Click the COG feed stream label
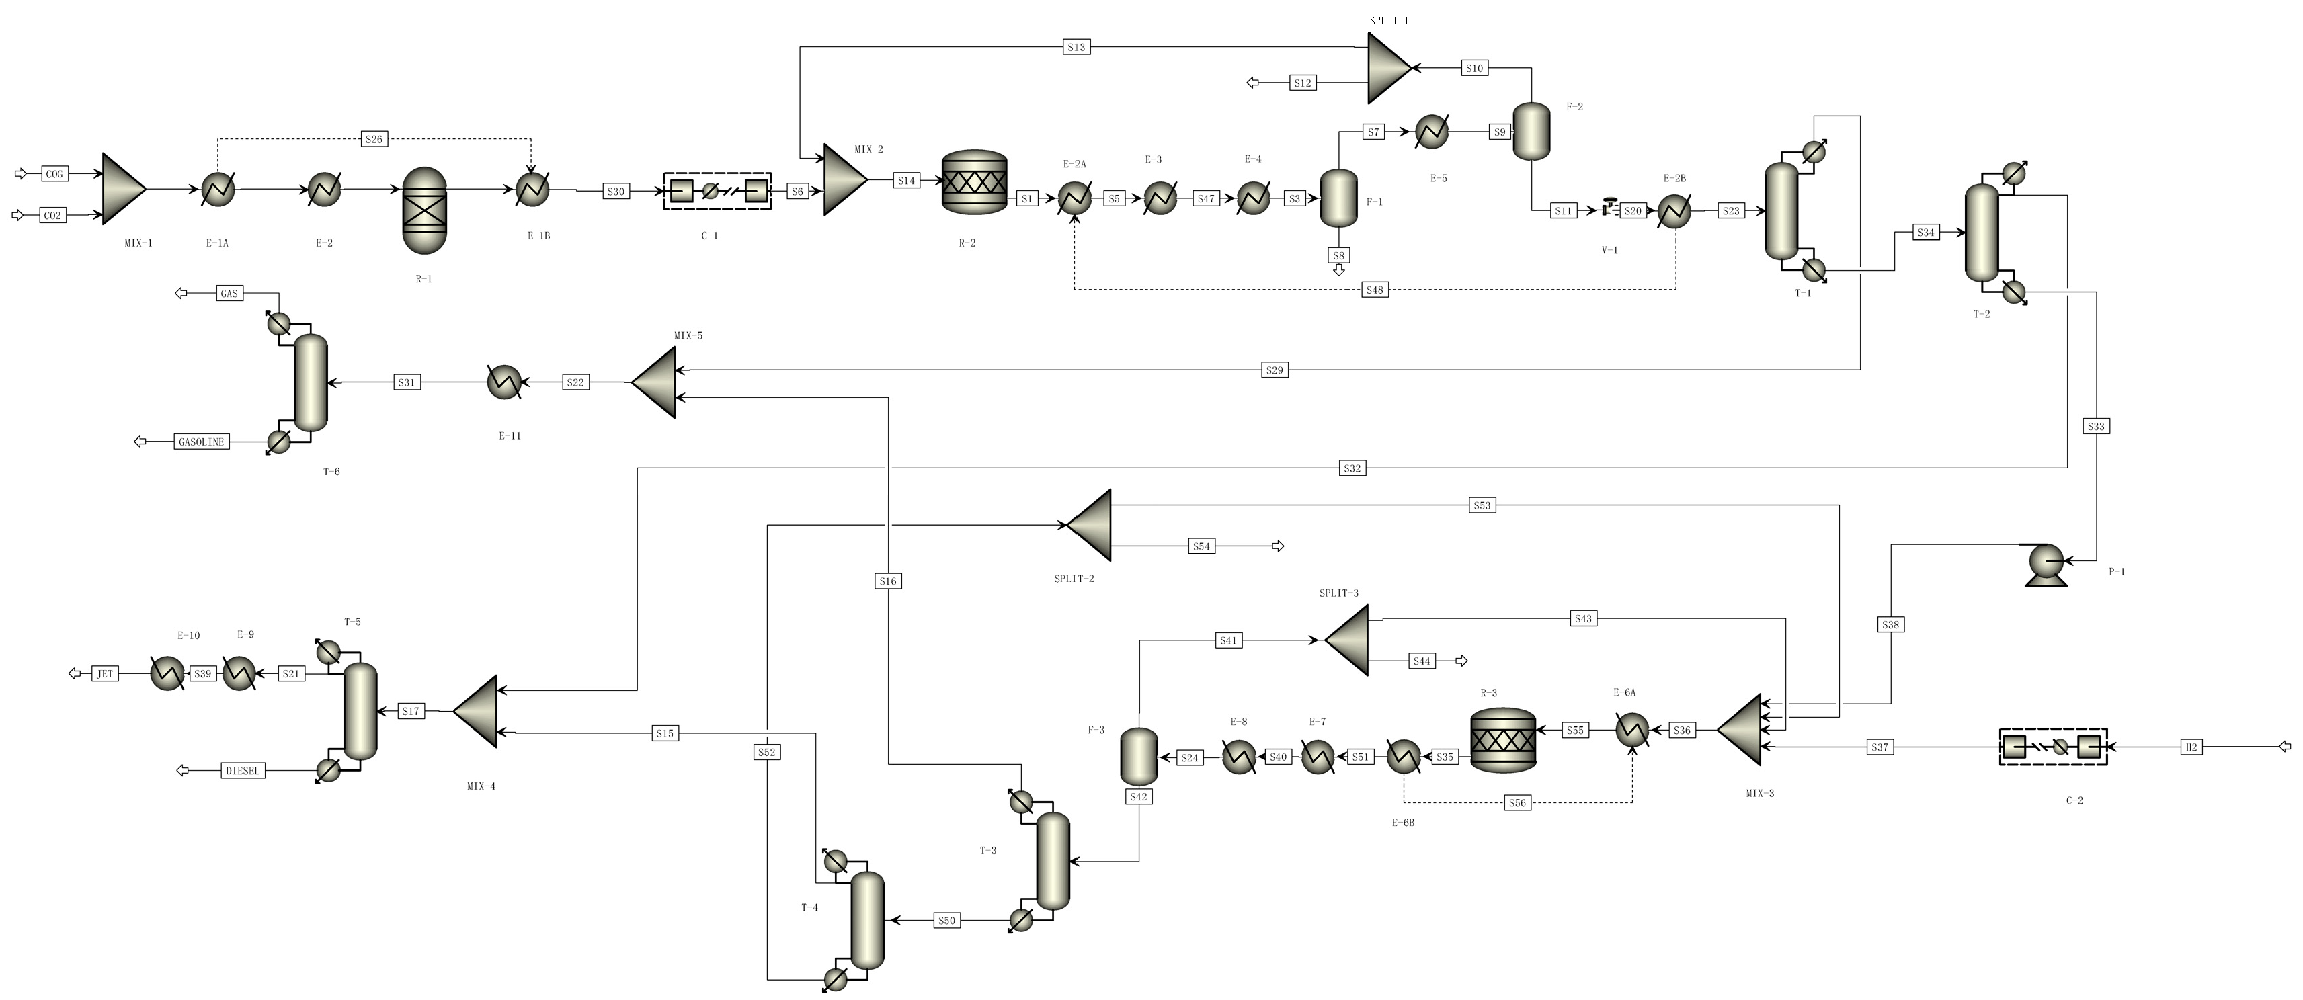[x=54, y=174]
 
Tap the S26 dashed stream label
[x=374, y=139]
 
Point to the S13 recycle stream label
[x=1076, y=47]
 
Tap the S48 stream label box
[x=1375, y=290]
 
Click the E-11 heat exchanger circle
[x=504, y=382]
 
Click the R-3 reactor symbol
[x=1503, y=740]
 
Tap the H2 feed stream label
[x=2191, y=747]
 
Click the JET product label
[x=105, y=674]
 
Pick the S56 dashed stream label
[x=1517, y=803]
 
